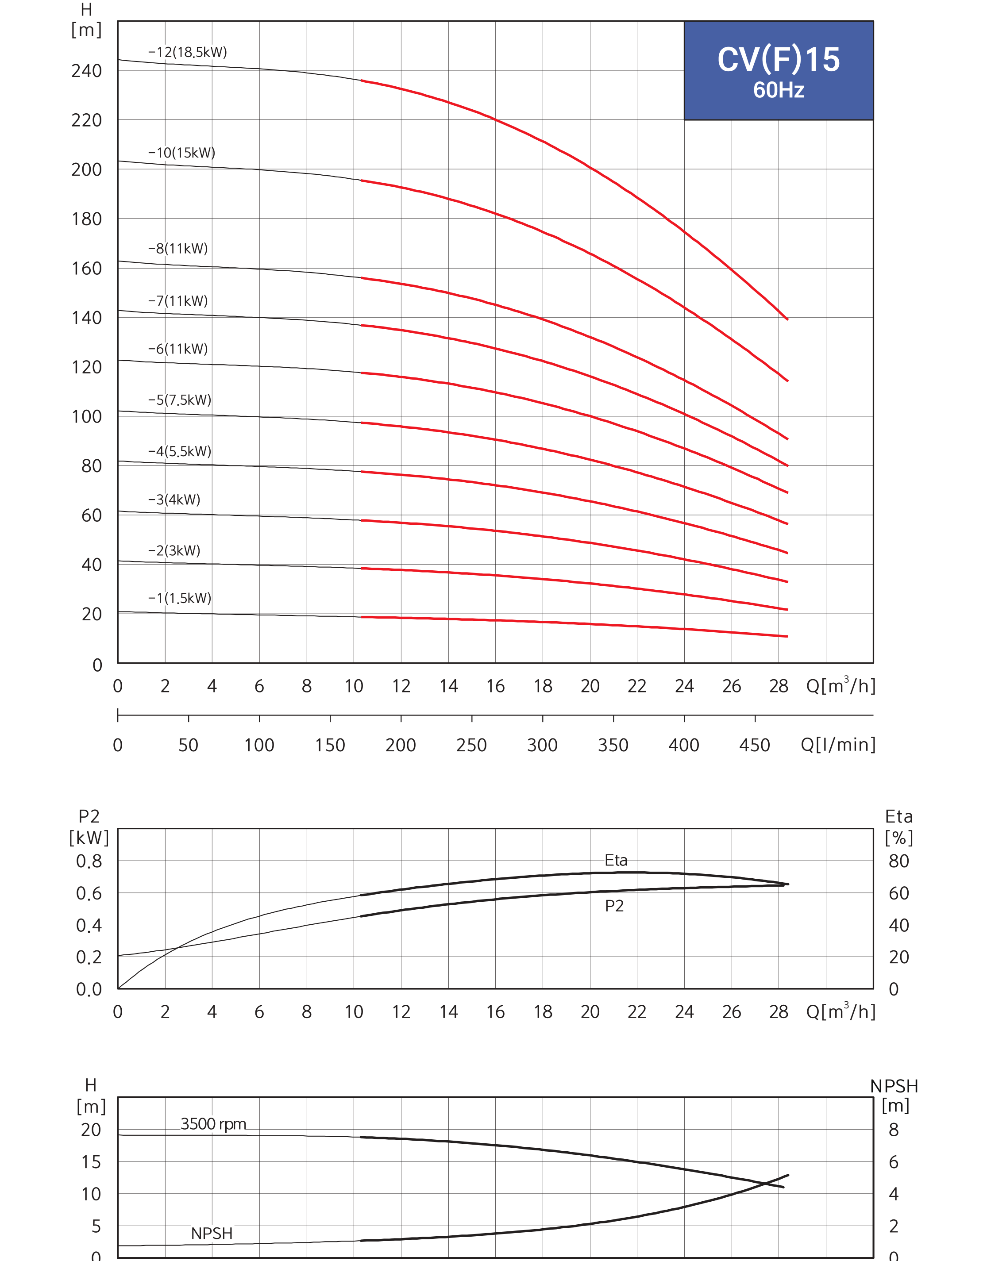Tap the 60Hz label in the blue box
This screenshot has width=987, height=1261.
(x=779, y=90)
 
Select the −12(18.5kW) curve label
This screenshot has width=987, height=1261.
(x=188, y=52)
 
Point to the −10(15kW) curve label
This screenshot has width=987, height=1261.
(x=181, y=153)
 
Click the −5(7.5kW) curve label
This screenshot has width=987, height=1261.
(x=180, y=400)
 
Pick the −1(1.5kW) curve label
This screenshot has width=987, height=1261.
(x=180, y=598)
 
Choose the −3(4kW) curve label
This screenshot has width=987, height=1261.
(x=174, y=499)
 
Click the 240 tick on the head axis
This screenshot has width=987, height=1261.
(x=87, y=70)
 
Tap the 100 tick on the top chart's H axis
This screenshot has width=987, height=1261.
(x=87, y=416)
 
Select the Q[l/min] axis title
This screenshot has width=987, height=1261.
(x=838, y=745)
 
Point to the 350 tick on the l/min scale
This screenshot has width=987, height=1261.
(x=613, y=745)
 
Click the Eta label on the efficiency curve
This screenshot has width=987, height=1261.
(x=616, y=860)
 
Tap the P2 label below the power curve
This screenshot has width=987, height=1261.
(x=614, y=906)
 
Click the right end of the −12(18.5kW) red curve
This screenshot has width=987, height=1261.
(x=788, y=319)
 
